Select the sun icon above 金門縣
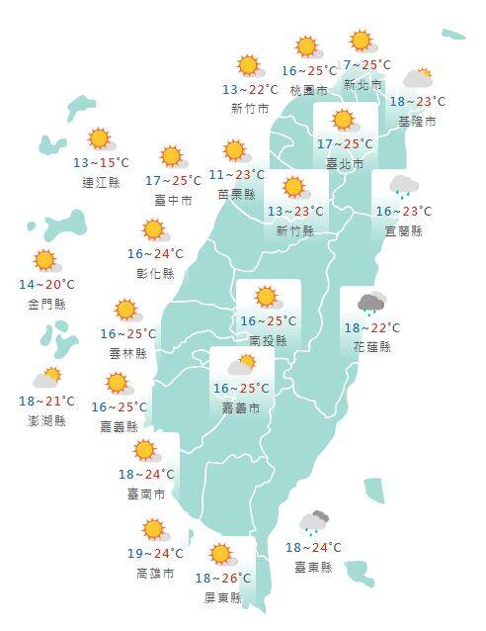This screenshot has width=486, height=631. point(44,261)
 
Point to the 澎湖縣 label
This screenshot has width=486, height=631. point(46,420)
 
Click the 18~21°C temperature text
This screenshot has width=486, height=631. point(46,402)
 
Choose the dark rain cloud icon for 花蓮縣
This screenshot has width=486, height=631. point(371,303)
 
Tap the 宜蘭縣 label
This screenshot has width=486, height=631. point(403,230)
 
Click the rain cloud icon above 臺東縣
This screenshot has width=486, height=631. point(315,523)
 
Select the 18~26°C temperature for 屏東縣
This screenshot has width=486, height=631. point(223,579)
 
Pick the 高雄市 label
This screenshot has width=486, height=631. point(155,573)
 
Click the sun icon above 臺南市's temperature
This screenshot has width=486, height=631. point(146,451)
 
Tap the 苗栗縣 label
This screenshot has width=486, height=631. point(236,194)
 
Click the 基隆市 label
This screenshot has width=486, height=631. point(417,121)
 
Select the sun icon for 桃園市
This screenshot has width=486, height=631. point(307,46)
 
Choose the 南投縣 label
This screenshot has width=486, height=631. point(268,340)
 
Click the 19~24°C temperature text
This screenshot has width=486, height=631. point(155,554)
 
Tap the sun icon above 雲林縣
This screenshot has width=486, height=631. point(125,311)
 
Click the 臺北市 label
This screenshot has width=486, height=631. point(344,163)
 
